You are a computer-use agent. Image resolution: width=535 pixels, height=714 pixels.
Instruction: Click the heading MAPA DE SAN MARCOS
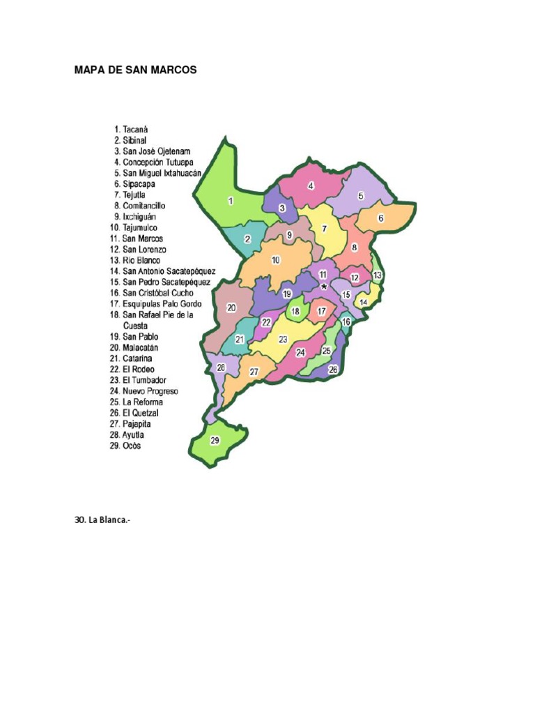tap(136, 70)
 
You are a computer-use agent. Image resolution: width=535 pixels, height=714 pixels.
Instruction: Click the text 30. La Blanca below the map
tap(102, 519)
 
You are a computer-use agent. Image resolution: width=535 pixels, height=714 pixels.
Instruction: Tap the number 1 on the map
tap(231, 201)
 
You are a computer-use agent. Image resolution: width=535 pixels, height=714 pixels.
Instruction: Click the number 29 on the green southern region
tap(215, 440)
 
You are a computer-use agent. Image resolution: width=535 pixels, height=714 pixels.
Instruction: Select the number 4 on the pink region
tap(311, 185)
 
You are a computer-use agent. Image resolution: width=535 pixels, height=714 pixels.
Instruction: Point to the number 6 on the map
tap(381, 218)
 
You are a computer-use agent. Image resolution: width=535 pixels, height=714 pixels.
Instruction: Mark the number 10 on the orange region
tap(276, 260)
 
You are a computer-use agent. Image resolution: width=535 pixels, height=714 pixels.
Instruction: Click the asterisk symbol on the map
tap(324, 287)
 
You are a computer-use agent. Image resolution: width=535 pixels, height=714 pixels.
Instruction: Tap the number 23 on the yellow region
tap(283, 339)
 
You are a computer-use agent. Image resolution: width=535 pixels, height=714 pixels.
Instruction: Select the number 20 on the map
tap(231, 307)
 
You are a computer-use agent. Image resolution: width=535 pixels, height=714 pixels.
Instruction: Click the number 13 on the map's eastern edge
tap(377, 275)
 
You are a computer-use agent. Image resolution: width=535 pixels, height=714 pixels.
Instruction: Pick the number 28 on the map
tap(221, 367)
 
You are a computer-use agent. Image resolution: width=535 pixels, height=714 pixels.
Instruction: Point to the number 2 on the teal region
tap(247, 239)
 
